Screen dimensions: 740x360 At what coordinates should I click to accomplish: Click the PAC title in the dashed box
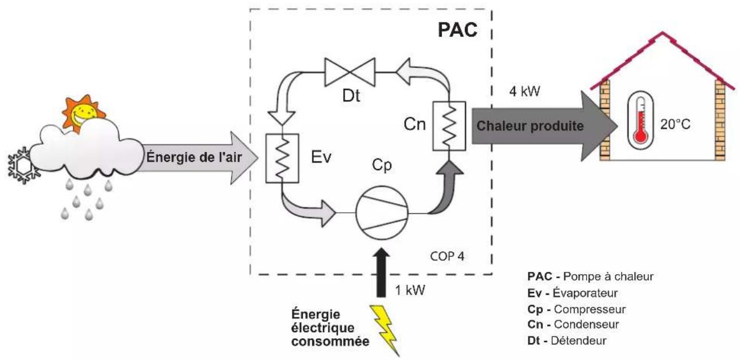pos(457,30)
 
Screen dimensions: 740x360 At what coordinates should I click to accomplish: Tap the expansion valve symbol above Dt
pos(350,72)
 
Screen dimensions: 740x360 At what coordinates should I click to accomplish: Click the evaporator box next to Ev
pos(282,158)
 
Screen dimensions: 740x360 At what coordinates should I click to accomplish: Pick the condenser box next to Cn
pos(449,126)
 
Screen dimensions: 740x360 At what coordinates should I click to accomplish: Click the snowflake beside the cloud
pos(23,166)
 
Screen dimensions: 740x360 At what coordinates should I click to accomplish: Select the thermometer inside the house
pos(640,120)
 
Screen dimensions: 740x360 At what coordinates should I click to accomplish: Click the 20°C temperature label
pos(675,124)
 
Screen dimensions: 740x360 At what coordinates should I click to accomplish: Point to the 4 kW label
pos(524,91)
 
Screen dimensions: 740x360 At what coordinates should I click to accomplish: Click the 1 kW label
pos(410,290)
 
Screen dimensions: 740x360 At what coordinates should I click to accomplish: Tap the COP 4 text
pos(447,256)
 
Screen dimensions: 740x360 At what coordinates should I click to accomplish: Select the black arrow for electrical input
pos(381,273)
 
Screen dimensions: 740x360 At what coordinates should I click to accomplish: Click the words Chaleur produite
pos(530,126)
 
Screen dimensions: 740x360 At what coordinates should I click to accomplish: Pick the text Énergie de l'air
pos(194,157)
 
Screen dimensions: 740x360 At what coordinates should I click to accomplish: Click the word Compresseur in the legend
pos(589,310)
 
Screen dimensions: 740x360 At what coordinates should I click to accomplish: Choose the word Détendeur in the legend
pos(579,341)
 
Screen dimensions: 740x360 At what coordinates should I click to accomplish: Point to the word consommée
pos(330,342)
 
